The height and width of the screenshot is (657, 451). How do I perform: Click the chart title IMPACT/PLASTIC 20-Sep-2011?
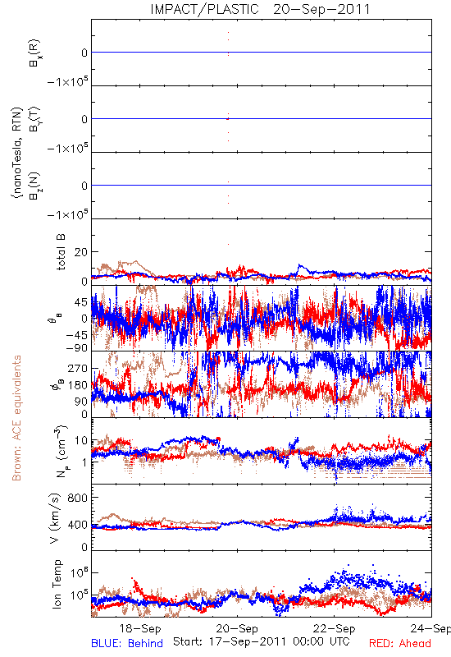coord(260,9)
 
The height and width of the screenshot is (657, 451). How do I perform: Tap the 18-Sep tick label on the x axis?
coord(140,628)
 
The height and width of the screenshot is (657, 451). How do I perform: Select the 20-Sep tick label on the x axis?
coord(237,628)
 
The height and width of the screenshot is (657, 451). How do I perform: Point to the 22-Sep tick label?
coord(335,628)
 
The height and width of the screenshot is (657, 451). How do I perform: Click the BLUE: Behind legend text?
coord(127,643)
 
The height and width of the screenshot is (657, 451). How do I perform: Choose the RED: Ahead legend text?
coord(400,643)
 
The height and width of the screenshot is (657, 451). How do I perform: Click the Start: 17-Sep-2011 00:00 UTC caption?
coord(261,641)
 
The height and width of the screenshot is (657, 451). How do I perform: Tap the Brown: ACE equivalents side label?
coord(16,418)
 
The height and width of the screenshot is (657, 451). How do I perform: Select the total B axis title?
coord(61,252)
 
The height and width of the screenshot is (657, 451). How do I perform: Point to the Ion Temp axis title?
coord(57,584)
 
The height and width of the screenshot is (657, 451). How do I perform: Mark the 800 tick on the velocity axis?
coord(78,498)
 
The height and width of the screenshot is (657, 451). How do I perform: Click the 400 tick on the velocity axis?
coord(78,525)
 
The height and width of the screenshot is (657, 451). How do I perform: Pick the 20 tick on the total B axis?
coord(81,252)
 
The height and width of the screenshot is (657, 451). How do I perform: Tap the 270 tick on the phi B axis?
coord(78,368)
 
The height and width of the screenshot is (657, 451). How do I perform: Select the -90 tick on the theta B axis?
coord(77,347)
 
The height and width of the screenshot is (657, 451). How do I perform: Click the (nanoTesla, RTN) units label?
coord(16,153)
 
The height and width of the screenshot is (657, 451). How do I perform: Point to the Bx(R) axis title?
coord(34,53)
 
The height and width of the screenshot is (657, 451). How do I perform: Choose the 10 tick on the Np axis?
coord(81,440)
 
